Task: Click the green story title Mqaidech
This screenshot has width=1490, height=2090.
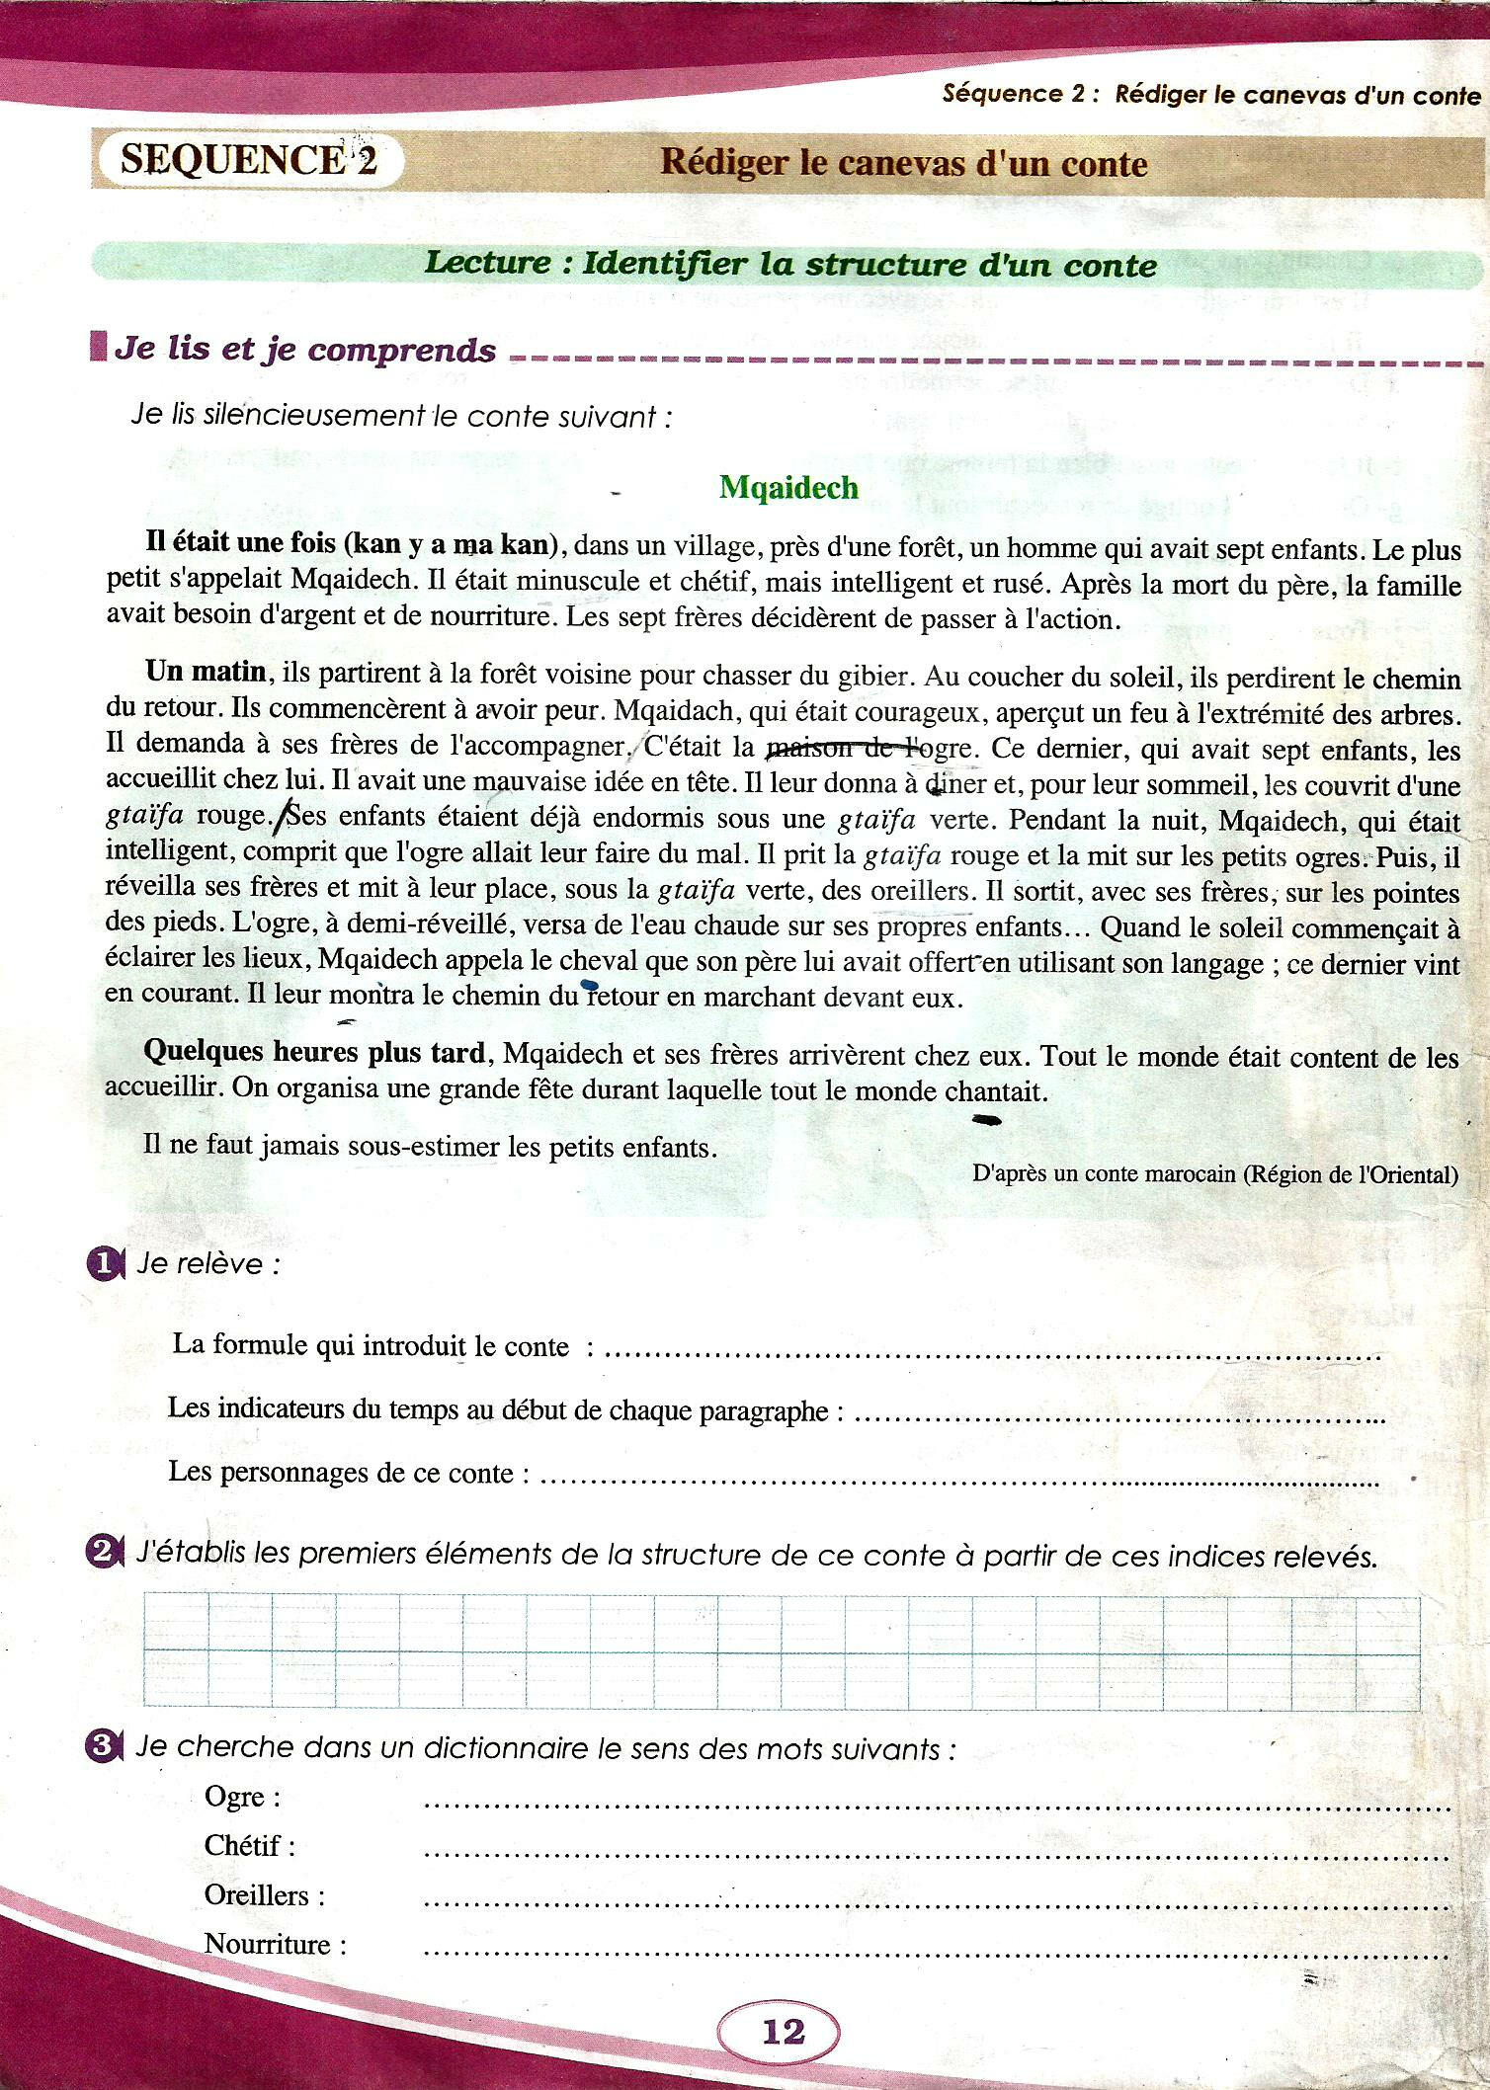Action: pos(788,488)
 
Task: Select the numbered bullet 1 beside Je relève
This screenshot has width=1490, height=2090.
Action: pos(103,1265)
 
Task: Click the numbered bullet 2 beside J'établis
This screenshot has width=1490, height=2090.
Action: pos(103,1554)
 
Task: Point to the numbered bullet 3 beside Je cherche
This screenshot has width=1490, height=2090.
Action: pos(103,1747)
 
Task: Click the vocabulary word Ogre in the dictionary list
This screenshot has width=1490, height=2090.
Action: pos(241,1798)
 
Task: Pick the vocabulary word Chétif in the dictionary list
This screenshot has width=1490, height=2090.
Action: pos(249,1845)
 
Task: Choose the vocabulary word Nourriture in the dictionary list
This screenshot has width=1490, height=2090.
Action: pos(275,1944)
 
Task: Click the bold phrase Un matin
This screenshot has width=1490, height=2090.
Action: pos(206,672)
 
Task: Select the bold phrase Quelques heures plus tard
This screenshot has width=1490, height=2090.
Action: pos(315,1052)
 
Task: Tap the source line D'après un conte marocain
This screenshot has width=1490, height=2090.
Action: pos(1215,1174)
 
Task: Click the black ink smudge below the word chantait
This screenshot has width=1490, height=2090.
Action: pos(986,1120)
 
